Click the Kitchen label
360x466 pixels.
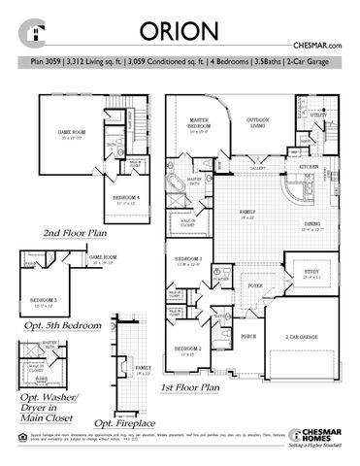click(x=309, y=166)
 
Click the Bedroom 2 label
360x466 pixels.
click(x=188, y=348)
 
